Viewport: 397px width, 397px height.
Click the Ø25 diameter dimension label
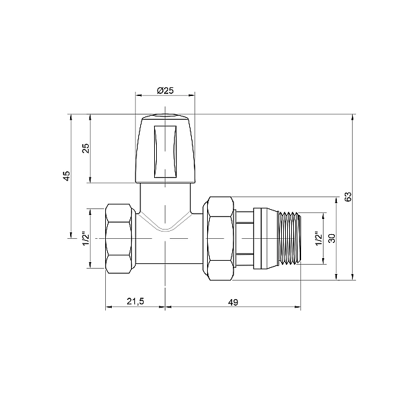click(x=165, y=90)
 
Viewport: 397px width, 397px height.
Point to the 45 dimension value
click(x=66, y=176)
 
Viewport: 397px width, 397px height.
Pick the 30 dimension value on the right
click(x=332, y=238)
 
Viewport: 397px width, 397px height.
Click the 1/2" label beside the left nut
click(x=85, y=238)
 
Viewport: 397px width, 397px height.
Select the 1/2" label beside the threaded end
click(x=318, y=238)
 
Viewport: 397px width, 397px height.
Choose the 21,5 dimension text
click(x=135, y=302)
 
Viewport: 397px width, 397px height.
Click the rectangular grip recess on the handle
click(x=165, y=148)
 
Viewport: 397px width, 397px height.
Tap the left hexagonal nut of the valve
click(x=121, y=238)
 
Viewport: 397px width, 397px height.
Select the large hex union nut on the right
click(x=220, y=238)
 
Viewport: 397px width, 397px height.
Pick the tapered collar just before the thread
click(x=265, y=238)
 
